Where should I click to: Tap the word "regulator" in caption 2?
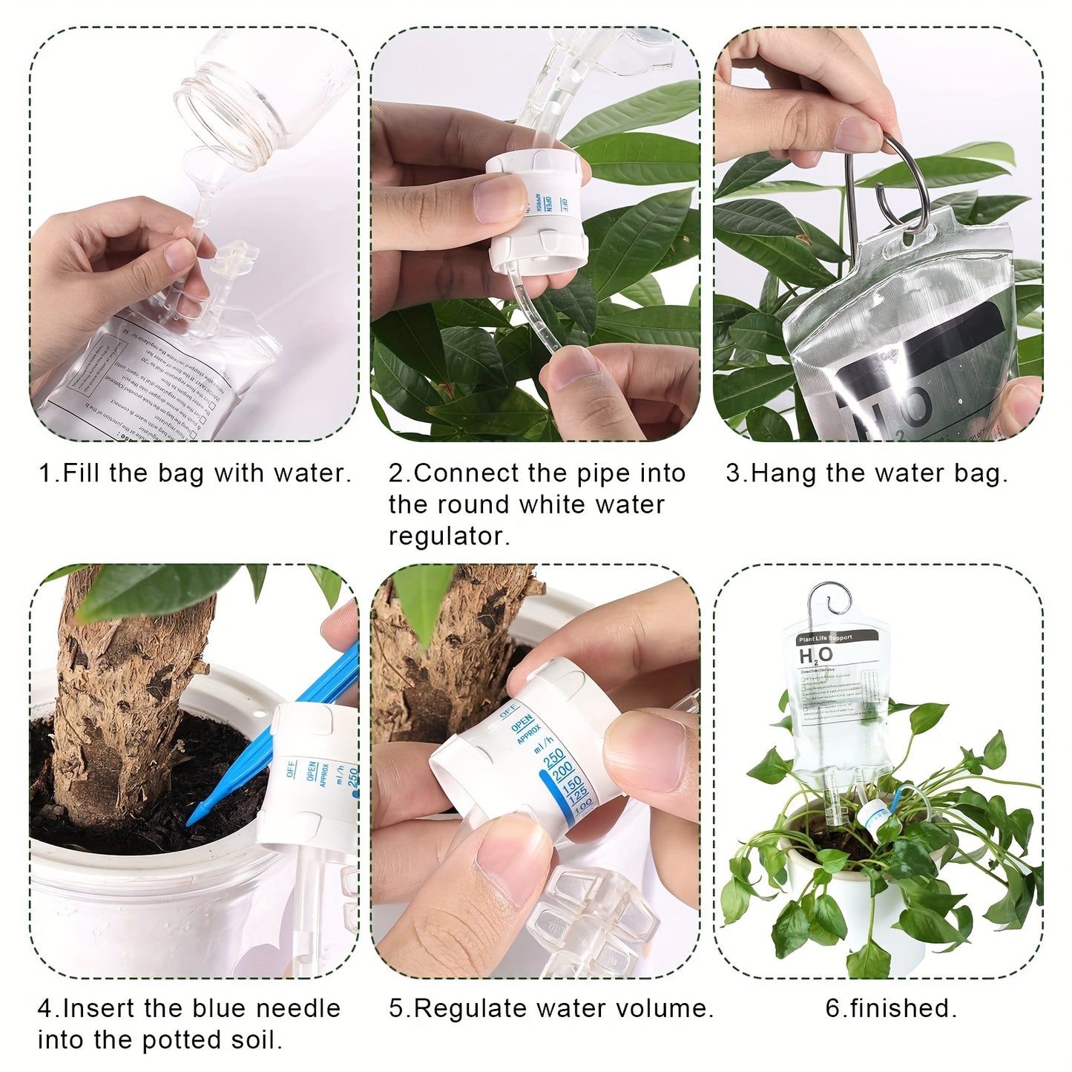[x=448, y=536]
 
